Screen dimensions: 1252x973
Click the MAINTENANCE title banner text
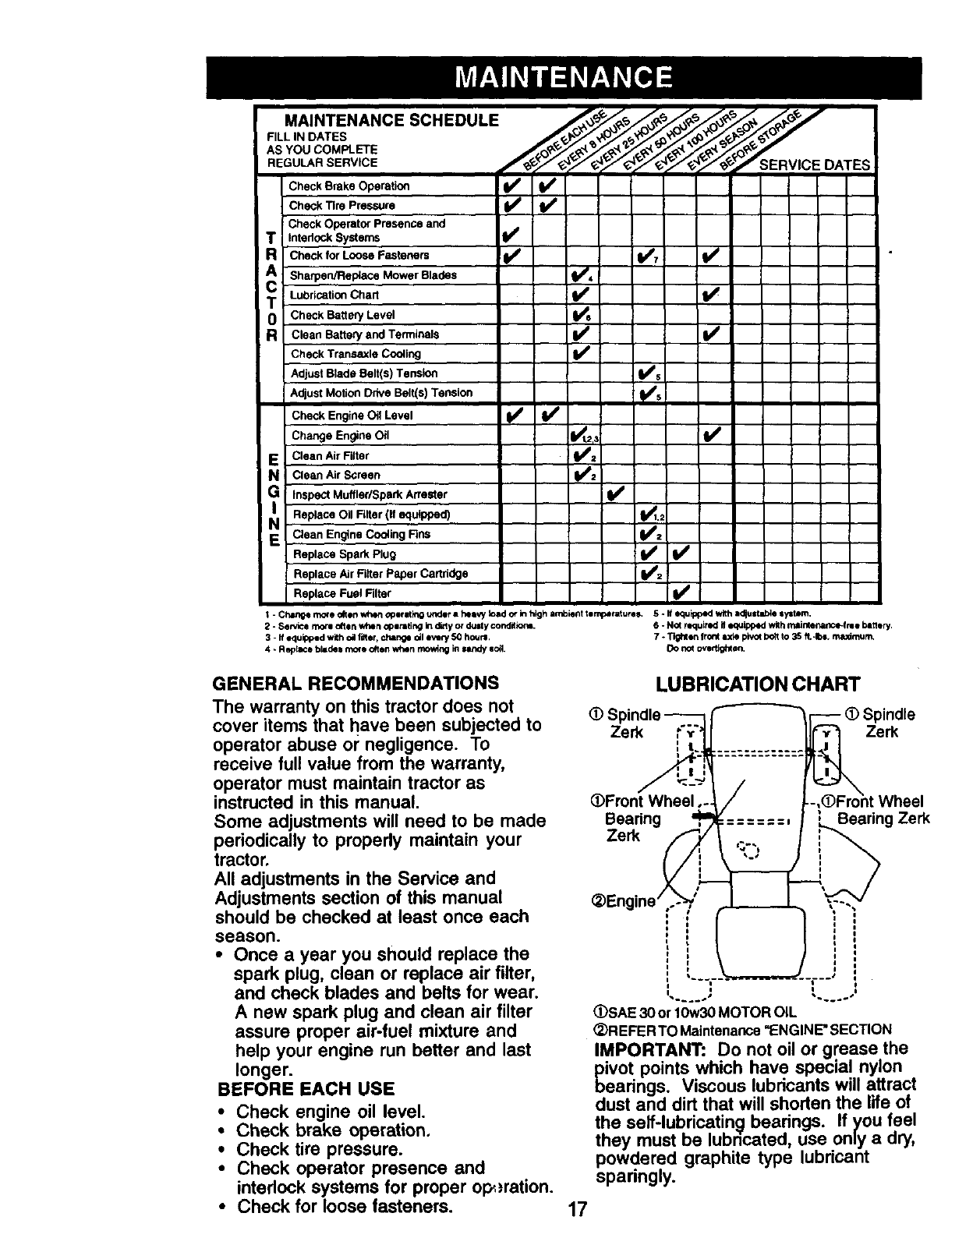tap(564, 77)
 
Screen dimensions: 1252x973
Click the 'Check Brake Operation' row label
tap(349, 186)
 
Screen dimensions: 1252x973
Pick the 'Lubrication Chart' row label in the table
tap(334, 295)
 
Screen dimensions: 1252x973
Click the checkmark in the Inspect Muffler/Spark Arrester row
tap(615, 494)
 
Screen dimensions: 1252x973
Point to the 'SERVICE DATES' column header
tap(814, 164)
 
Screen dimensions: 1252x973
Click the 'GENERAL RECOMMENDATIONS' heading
tap(356, 684)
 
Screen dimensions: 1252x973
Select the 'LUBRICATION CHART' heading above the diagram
tap(757, 684)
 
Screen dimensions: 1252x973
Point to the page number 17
tap(577, 1210)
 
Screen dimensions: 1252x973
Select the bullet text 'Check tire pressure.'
tap(320, 1150)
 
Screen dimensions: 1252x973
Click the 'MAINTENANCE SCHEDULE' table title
tap(391, 121)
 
